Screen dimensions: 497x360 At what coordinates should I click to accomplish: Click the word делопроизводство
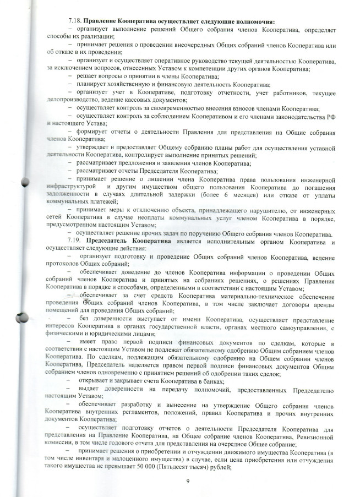click(x=72, y=100)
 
